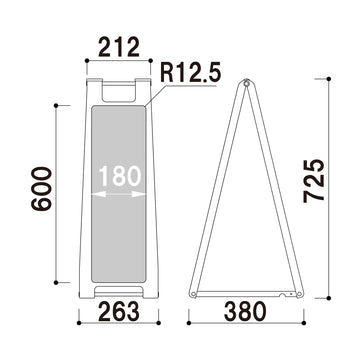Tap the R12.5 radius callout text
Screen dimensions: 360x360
click(187, 72)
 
